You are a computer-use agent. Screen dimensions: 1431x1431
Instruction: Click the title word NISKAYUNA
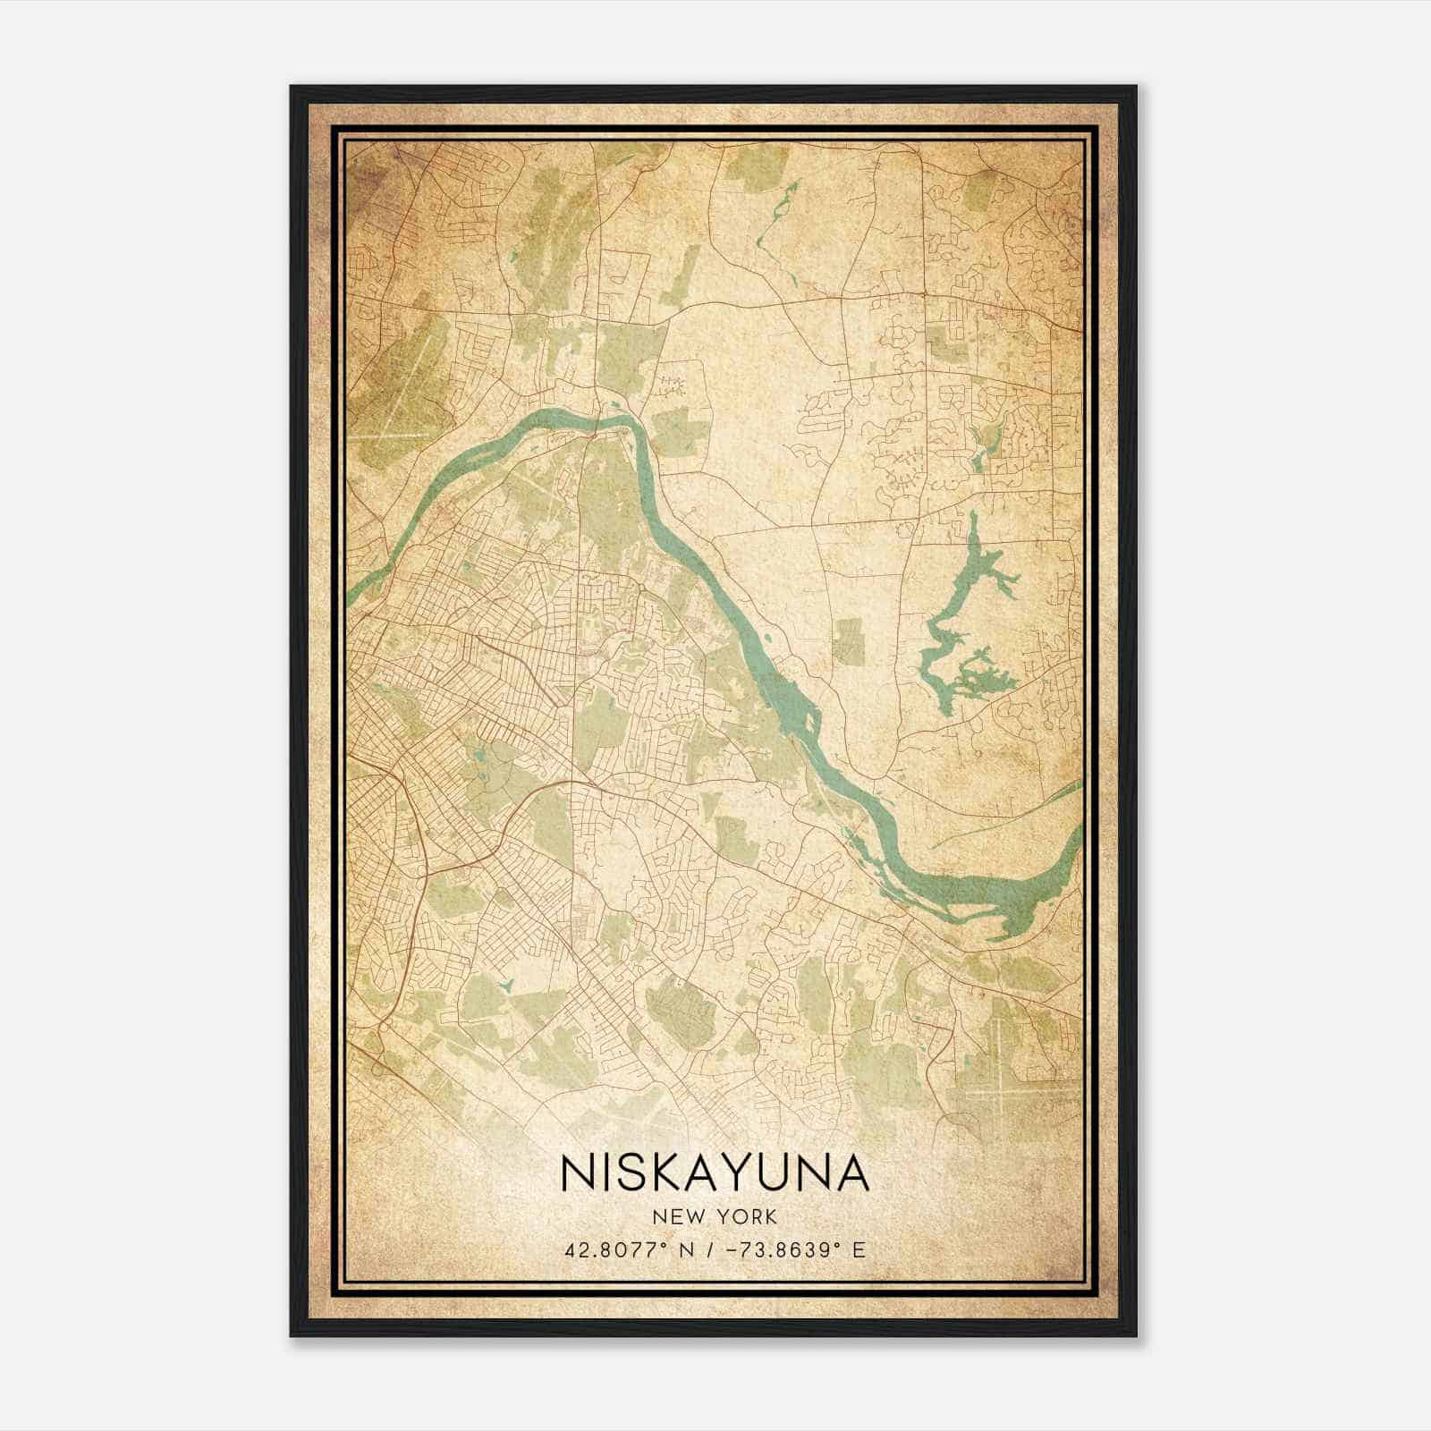(x=714, y=1173)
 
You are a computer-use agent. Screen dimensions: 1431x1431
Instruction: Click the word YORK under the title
(x=748, y=1216)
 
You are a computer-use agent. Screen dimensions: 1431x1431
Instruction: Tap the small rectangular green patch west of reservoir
(x=848, y=640)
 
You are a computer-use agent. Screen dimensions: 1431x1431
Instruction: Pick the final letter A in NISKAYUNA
(x=851, y=1173)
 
